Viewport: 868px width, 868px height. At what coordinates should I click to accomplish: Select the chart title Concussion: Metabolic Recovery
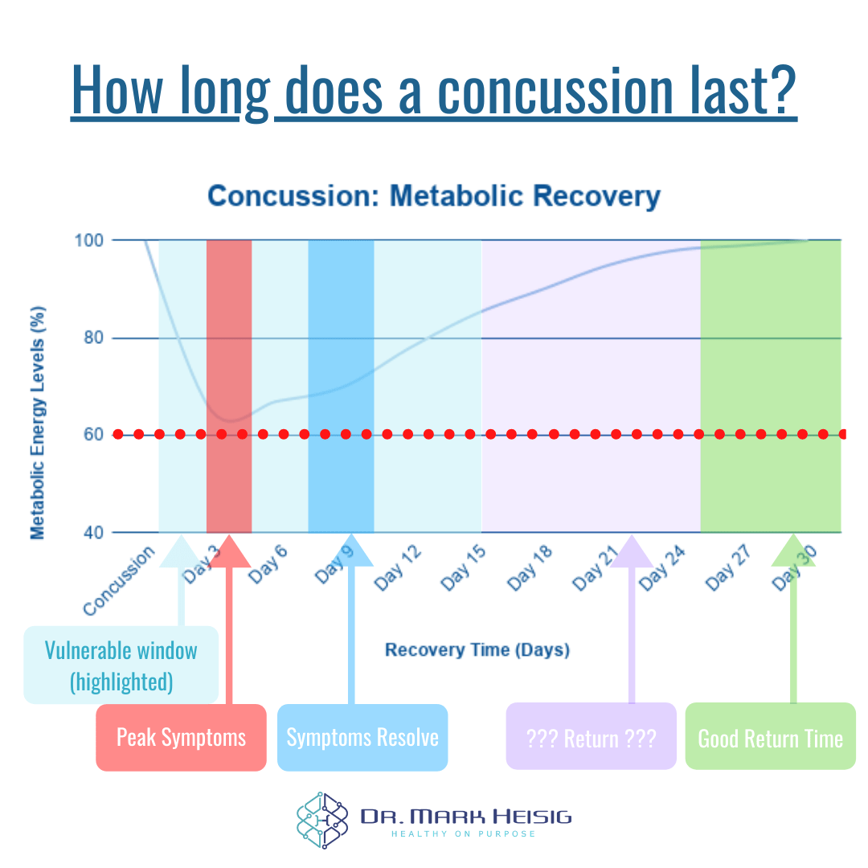pyautogui.click(x=433, y=196)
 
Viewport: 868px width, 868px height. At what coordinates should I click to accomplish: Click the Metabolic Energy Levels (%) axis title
pyautogui.click(x=38, y=422)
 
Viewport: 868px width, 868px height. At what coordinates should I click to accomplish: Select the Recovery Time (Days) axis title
pyautogui.click(x=477, y=649)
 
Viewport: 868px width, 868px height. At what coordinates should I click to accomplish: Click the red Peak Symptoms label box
pyautogui.click(x=181, y=738)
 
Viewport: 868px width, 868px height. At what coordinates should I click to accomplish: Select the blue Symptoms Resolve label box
pyautogui.click(x=362, y=738)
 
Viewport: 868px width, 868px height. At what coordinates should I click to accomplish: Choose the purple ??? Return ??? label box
pyautogui.click(x=591, y=738)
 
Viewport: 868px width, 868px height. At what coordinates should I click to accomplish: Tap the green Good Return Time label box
pyautogui.click(x=770, y=738)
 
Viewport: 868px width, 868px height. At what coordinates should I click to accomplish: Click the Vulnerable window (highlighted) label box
pyautogui.click(x=121, y=665)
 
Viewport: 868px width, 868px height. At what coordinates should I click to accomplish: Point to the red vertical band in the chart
pyautogui.click(x=229, y=338)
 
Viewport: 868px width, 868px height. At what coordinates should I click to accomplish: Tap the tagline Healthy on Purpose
pyautogui.click(x=464, y=834)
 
